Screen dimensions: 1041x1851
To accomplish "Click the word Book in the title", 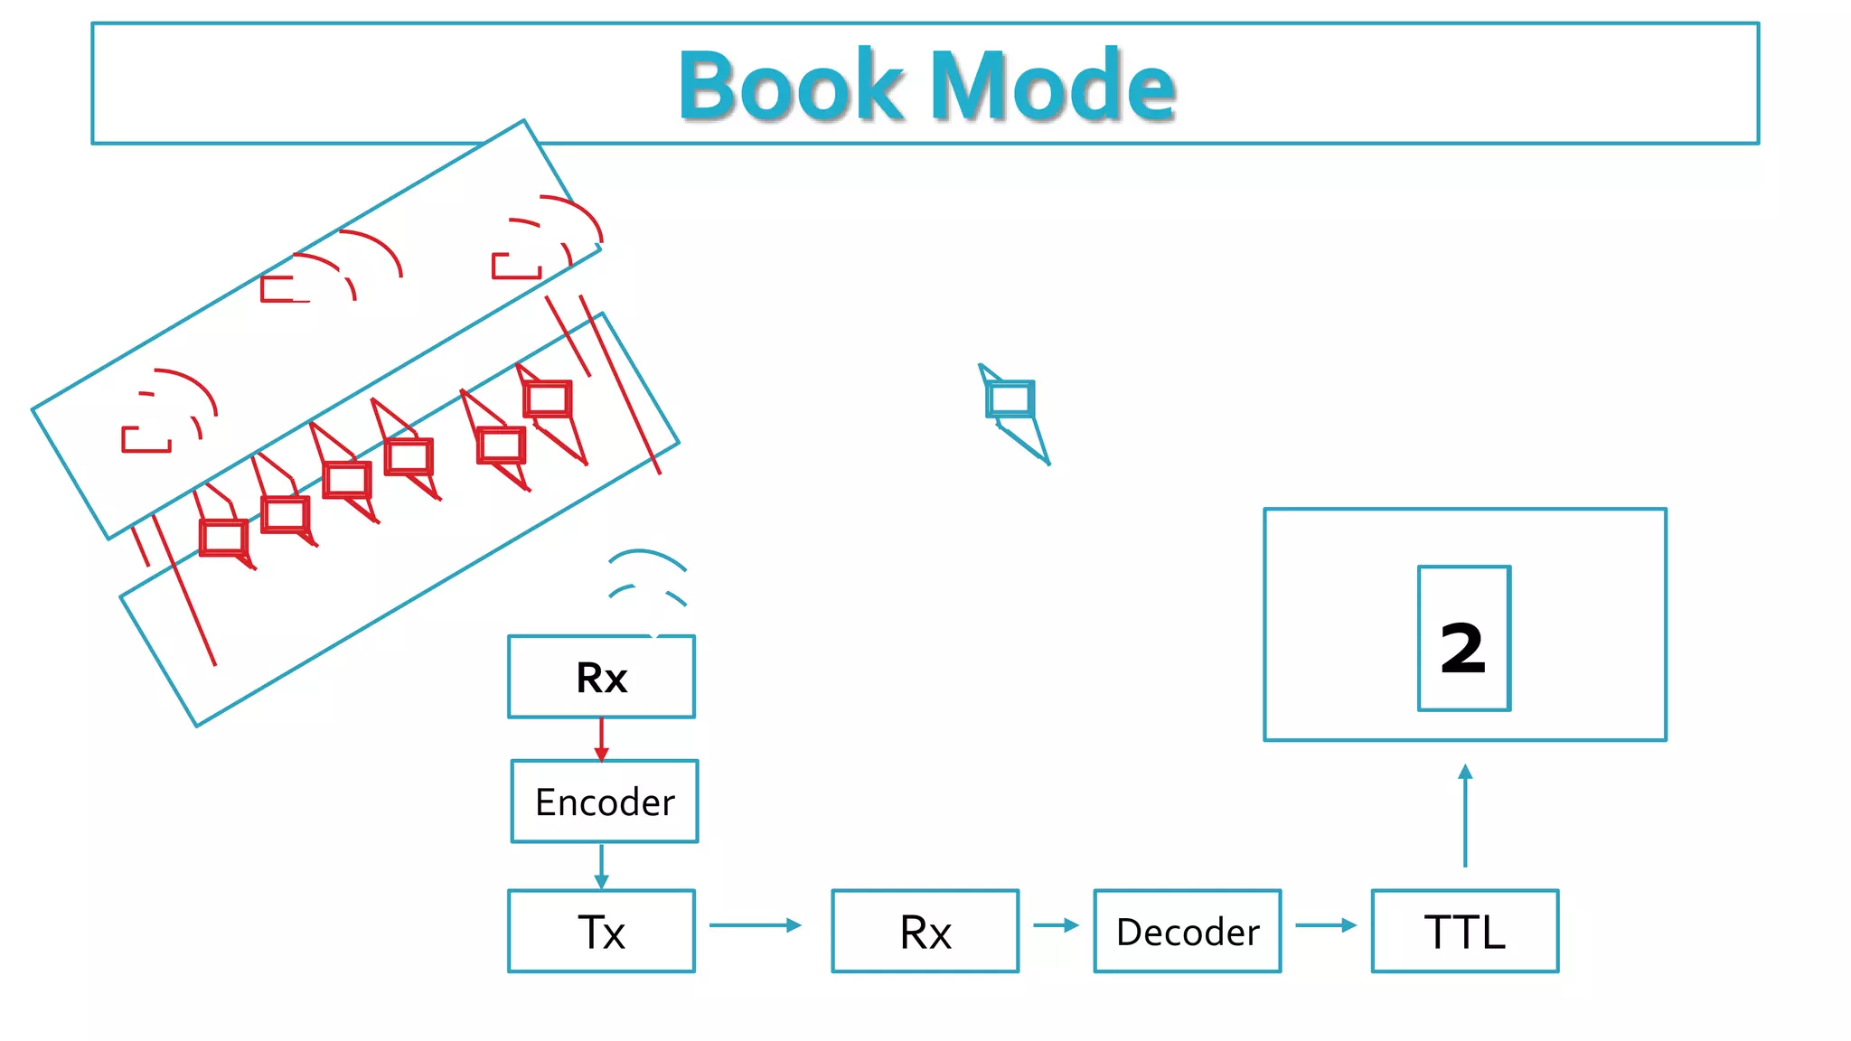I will pos(791,86).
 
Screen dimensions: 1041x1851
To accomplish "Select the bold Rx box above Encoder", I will pos(601,677).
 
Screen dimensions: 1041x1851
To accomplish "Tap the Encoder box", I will pos(604,802).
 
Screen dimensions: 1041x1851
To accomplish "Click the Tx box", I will pos(601,931).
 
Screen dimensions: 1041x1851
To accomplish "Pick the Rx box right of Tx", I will pos(925,931).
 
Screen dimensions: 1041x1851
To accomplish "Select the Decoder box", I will pos(1187,931).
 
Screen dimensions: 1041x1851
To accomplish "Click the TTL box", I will pos(1464,931).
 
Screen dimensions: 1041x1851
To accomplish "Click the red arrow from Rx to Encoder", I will pos(602,739).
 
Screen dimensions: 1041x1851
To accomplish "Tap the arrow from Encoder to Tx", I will pos(602,866).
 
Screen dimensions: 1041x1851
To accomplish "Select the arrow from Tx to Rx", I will pos(756,925).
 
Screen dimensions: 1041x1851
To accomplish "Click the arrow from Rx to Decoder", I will pos(1056,925).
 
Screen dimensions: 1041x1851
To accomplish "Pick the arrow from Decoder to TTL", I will pos(1326,925).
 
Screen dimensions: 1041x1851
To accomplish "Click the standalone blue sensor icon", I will pos(1010,399).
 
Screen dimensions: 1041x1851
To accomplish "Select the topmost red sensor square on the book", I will pos(548,399).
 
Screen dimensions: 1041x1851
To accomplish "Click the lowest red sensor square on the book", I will pos(223,538).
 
